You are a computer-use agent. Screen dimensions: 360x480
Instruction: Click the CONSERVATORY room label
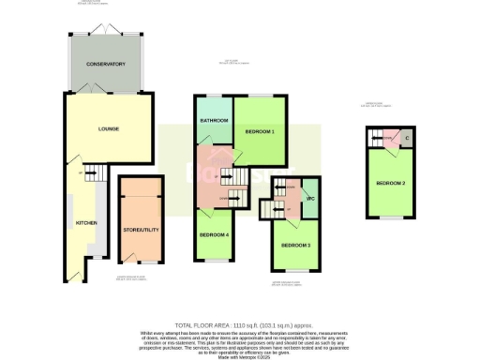click(x=106, y=64)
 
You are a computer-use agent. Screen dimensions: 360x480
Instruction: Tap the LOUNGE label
click(x=108, y=128)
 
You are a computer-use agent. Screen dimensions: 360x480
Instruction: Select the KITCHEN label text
click(x=86, y=223)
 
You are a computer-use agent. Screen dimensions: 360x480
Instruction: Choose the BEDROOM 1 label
click(x=260, y=132)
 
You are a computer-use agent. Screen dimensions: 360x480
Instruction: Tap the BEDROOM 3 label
click(x=295, y=245)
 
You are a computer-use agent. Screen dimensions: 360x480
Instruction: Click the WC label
click(x=310, y=198)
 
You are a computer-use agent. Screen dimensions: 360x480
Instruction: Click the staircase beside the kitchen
click(x=93, y=173)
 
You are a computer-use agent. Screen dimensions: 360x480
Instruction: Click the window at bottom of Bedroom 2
click(x=389, y=218)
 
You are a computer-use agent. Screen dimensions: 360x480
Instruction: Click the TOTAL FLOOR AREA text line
click(x=240, y=322)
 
